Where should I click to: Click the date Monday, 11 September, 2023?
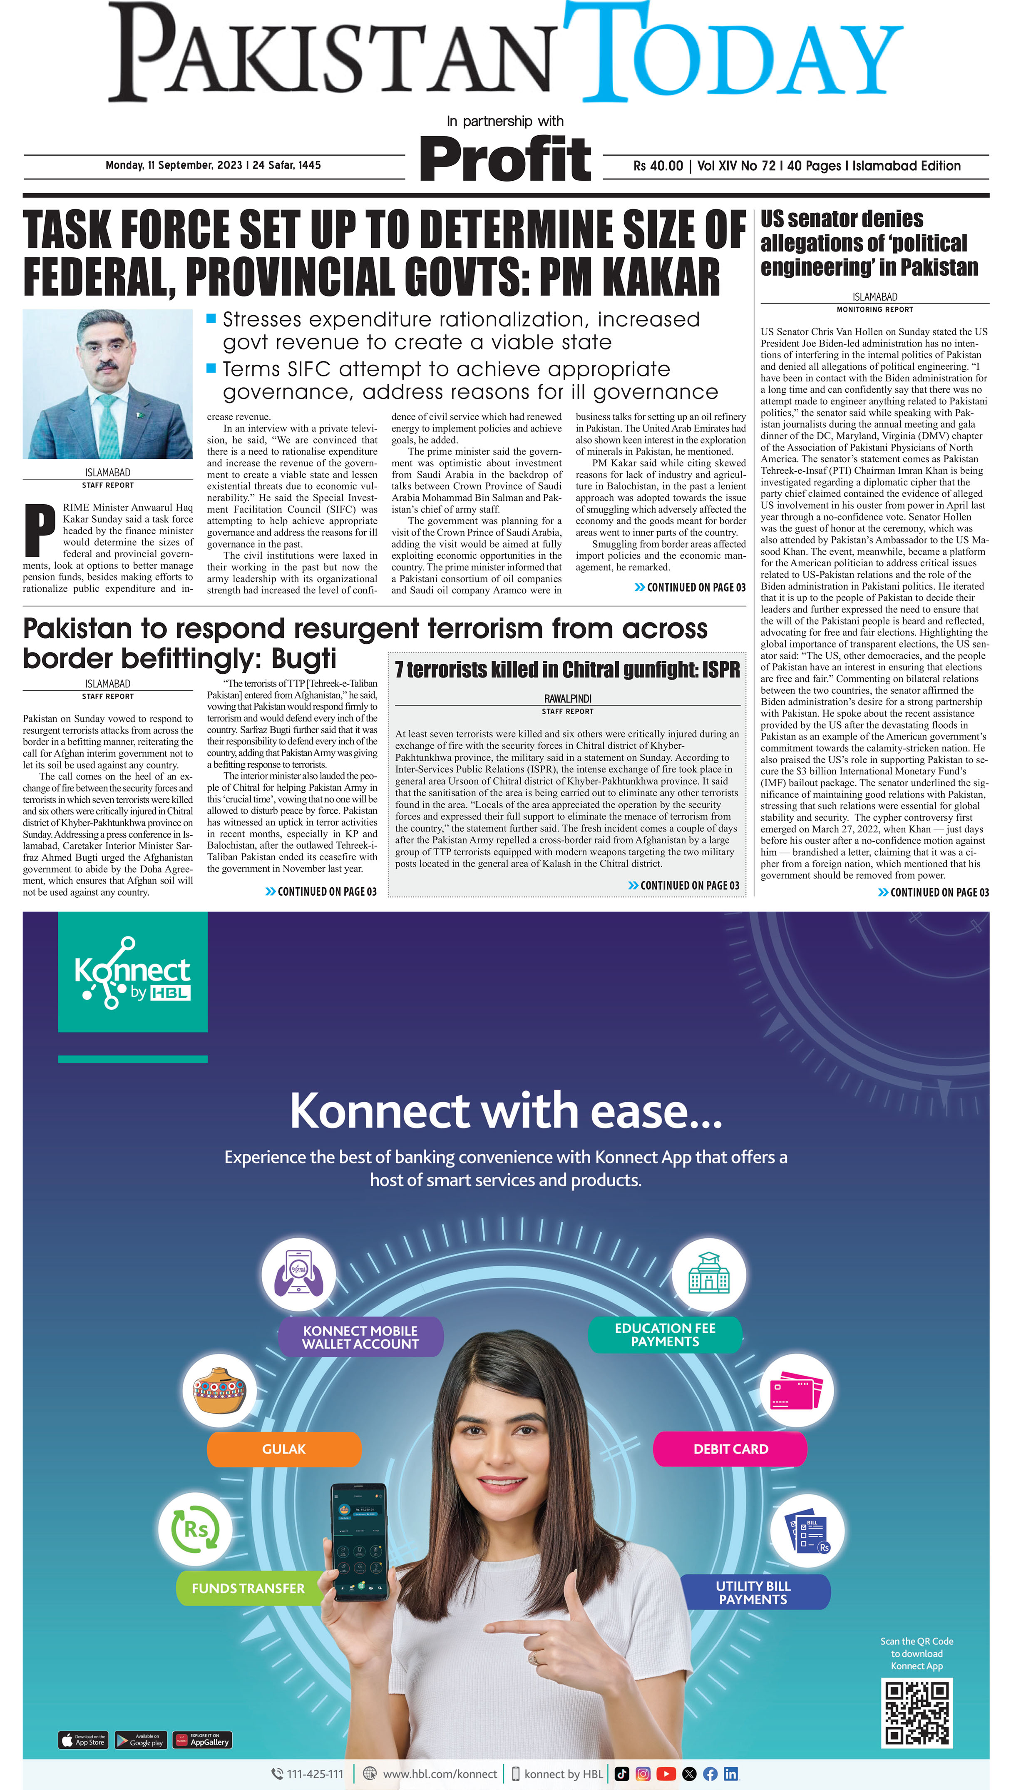(173, 165)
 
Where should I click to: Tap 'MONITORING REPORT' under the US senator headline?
(874, 310)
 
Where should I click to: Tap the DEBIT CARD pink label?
(730, 1449)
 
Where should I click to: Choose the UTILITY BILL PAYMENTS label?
(753, 1592)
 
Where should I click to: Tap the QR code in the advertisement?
(917, 1713)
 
